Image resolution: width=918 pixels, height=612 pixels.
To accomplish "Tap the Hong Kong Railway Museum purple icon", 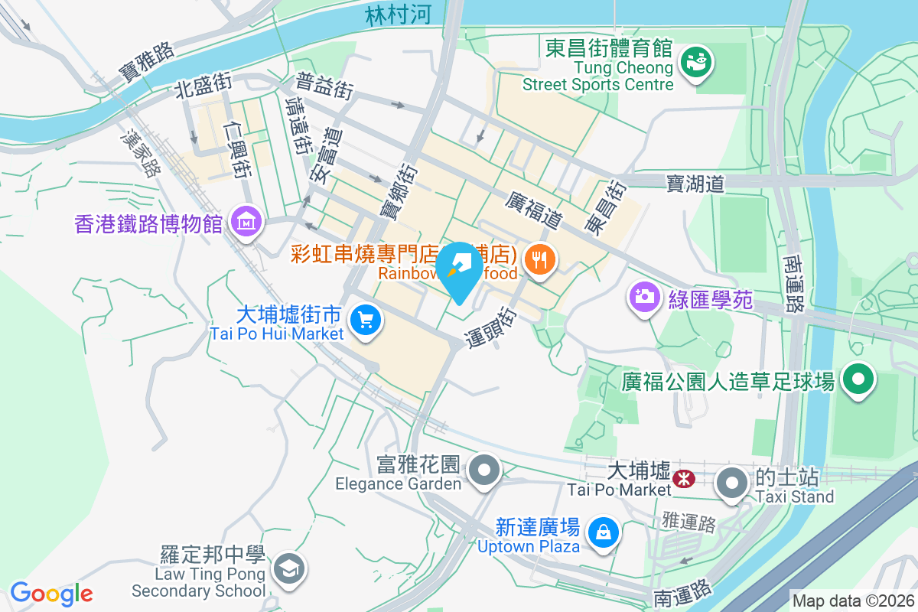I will tap(247, 223).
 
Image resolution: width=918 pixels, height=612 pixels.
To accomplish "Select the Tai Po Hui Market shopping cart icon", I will tap(366, 318).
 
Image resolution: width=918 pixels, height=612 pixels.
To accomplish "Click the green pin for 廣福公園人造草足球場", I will tap(858, 379).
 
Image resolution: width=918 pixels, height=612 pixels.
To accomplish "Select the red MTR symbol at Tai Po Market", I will tap(683, 480).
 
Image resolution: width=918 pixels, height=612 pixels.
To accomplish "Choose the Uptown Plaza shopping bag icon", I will tap(603, 530).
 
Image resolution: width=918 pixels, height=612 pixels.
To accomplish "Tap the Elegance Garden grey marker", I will tap(485, 468).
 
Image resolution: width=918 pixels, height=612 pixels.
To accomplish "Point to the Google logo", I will tap(51, 594).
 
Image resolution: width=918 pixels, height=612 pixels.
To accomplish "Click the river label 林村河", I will tap(398, 15).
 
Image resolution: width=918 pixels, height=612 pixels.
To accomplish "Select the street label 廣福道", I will tap(534, 210).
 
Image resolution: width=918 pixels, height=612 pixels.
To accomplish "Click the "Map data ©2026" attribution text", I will tap(852, 601).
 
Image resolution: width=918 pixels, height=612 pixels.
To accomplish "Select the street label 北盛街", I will tap(203, 85).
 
